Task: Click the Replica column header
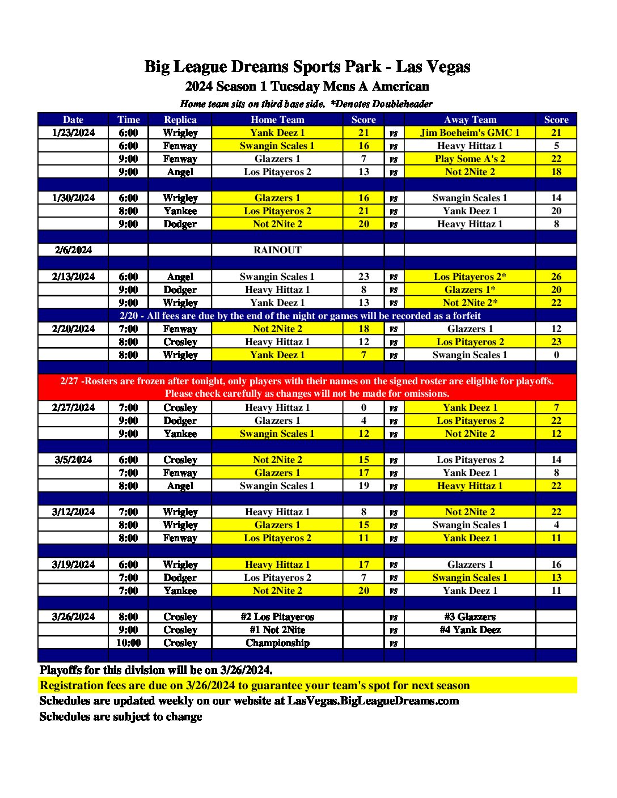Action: point(180,120)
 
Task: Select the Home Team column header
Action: point(277,120)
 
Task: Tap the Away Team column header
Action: point(470,120)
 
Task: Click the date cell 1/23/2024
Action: point(73,133)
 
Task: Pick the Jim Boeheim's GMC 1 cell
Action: point(470,133)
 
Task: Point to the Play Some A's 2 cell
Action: point(470,159)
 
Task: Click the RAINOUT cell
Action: point(277,250)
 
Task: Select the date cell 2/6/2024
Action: point(73,250)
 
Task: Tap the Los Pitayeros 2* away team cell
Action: point(470,277)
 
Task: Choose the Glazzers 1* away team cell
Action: point(470,290)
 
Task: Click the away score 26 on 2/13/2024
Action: point(556,277)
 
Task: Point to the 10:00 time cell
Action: point(128,643)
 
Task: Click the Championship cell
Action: point(277,643)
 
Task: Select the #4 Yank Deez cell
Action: point(470,630)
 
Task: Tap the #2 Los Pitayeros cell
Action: point(277,617)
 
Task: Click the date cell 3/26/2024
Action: point(73,617)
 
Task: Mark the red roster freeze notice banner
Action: point(307,387)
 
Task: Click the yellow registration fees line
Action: point(255,685)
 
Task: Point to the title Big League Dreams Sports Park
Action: point(307,67)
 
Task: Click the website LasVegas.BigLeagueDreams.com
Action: point(373,701)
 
